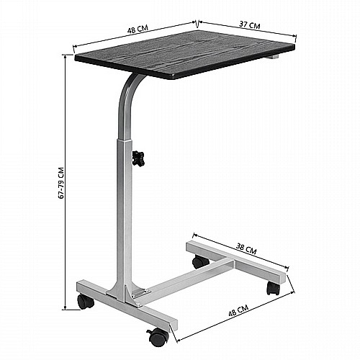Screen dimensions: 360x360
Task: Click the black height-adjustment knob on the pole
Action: pos(138,158)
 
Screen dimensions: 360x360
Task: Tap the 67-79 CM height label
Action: pos(61,183)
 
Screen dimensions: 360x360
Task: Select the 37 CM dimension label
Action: pos(250,24)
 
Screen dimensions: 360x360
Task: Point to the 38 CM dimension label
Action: pos(246,248)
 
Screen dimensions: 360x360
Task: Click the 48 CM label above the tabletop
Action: pos(138,29)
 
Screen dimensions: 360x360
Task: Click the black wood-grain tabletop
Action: pos(185,54)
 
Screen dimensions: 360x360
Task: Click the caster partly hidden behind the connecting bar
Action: pos(201,261)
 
